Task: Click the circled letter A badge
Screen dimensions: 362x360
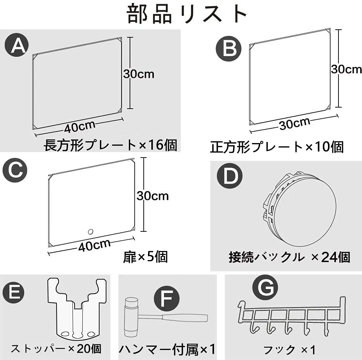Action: pos(17,45)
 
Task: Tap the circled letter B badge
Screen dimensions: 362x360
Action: pos(228,49)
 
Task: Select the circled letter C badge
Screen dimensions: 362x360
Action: pos(15,170)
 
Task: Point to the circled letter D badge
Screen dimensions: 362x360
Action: pos(230,176)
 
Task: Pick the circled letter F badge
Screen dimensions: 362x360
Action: pos(167,298)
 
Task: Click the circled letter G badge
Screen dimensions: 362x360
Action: pos(265,287)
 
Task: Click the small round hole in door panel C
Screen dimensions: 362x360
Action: pos(90,231)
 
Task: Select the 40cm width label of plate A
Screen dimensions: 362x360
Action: pos(80,126)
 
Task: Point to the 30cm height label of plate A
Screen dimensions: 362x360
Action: pos(139,74)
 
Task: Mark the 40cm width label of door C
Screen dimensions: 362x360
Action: pos(94,245)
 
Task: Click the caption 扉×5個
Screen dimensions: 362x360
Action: pos(146,257)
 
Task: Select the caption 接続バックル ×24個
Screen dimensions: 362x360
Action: pos(290,257)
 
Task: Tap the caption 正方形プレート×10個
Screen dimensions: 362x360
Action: pos(277,147)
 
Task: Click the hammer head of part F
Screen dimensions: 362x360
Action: pos(131,317)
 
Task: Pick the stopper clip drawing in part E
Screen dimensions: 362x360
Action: pos(77,308)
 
